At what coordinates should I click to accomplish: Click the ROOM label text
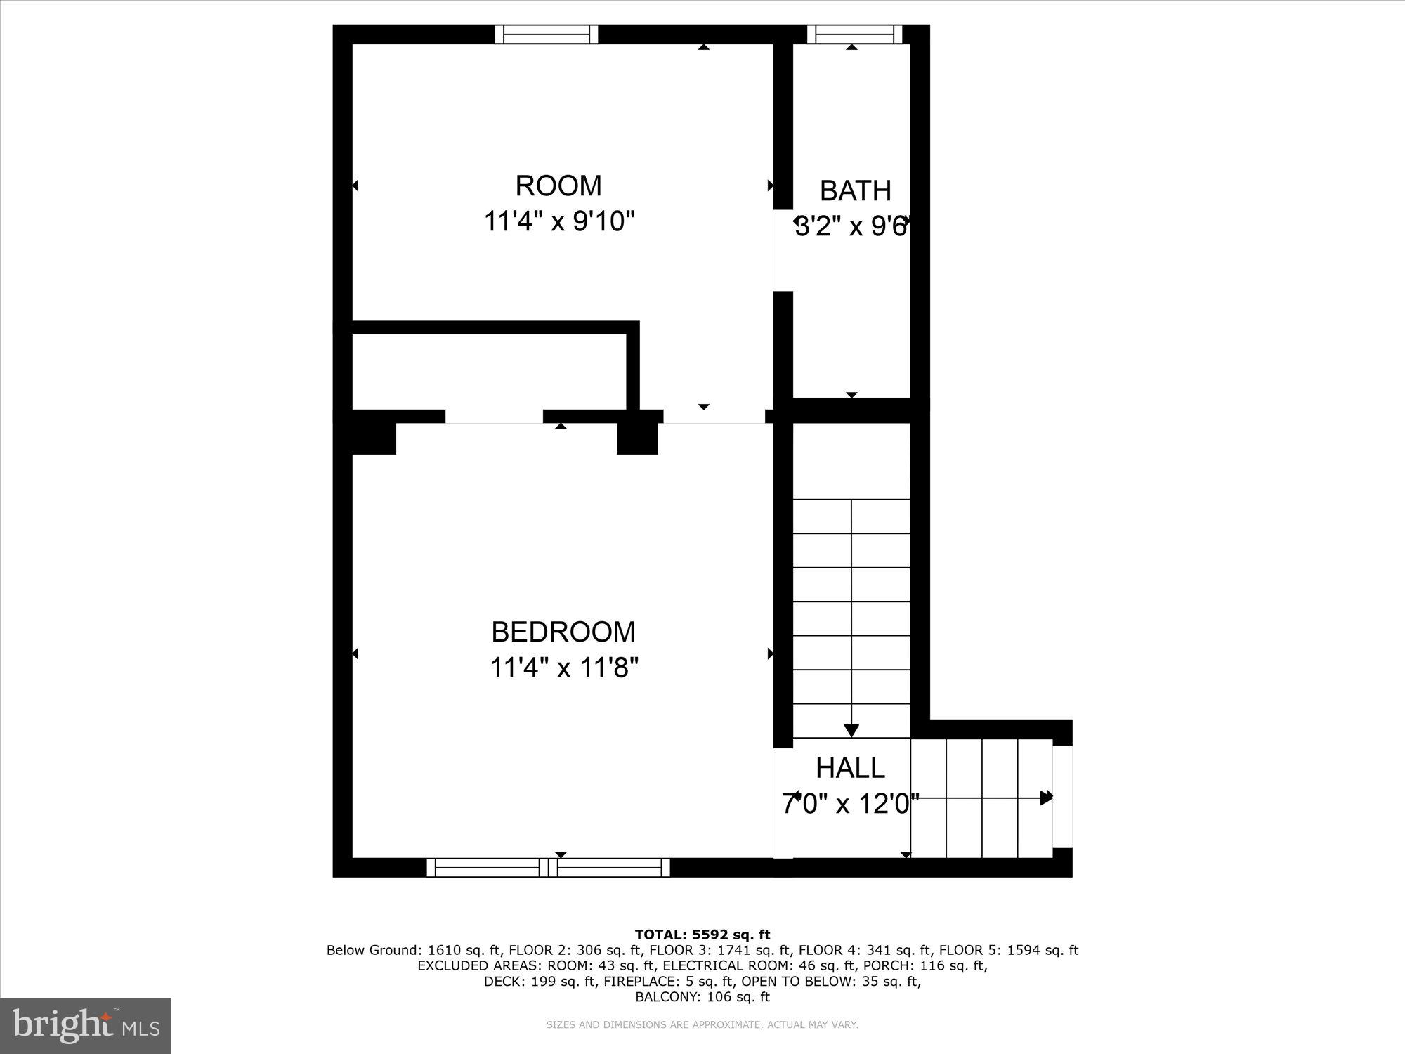pos(558,186)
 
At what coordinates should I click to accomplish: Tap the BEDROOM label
pos(563,632)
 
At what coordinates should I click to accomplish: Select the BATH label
pos(855,191)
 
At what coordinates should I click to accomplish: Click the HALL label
pos(850,769)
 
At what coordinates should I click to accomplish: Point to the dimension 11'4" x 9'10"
pos(558,222)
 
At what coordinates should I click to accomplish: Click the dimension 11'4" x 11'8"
pos(563,668)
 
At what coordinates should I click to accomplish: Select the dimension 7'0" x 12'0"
pos(850,804)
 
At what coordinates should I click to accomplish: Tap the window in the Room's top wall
pos(547,34)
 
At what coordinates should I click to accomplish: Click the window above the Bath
pos(854,34)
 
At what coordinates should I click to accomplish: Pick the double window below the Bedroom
pos(548,868)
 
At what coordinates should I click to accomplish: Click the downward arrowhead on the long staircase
pos(851,731)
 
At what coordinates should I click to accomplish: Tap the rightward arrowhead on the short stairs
pos(1046,798)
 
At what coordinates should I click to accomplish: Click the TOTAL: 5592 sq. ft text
pos(702,935)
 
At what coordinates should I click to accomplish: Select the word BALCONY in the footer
pos(661,997)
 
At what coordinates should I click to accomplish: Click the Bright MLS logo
pos(86,1025)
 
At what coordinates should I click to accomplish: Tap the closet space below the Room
pos(488,372)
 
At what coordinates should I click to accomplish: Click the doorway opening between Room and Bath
pos(783,251)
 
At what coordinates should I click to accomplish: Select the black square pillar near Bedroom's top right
pos(637,438)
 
